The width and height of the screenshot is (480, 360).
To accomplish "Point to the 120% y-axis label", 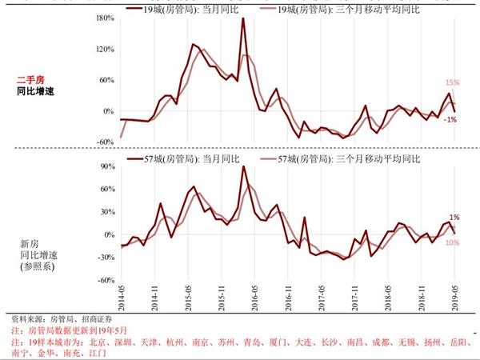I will point(106,49).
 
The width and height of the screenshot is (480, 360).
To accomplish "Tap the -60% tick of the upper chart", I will point(106,142).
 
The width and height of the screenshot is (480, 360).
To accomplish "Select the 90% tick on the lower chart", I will point(108,166).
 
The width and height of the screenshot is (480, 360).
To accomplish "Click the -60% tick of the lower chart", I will point(106,281).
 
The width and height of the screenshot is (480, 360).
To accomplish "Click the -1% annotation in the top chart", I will point(450,119).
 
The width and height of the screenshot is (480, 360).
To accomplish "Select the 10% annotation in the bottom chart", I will point(452,242).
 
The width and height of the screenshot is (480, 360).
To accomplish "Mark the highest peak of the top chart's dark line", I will point(242,18).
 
